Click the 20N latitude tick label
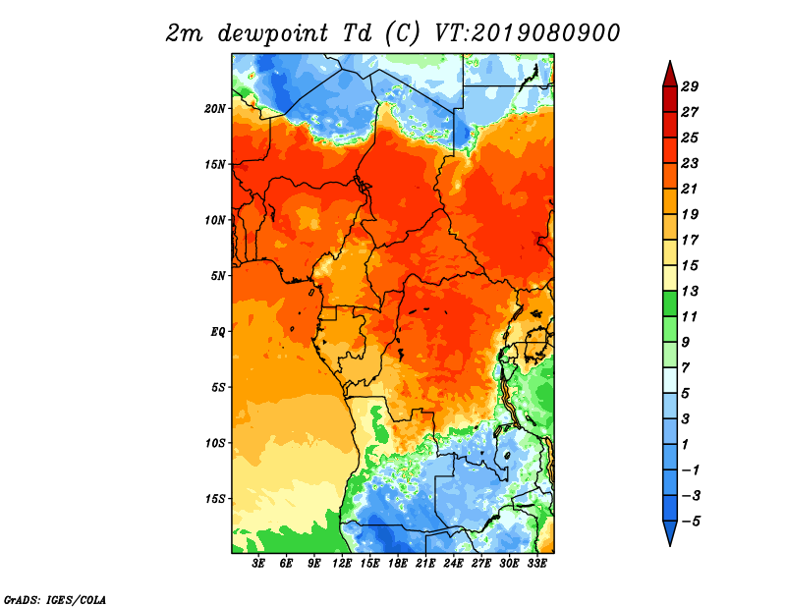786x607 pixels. pos(215,108)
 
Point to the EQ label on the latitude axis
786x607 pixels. pos(217,331)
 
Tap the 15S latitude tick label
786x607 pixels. pos(215,498)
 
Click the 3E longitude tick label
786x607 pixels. pos(259,564)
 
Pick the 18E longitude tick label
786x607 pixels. pos(398,564)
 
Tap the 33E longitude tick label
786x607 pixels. pos(536,564)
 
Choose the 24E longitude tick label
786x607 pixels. pos(453,564)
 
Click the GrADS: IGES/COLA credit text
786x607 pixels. pos(54,598)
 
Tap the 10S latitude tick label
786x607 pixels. pos(215,443)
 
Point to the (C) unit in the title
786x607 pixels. pos(402,32)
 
